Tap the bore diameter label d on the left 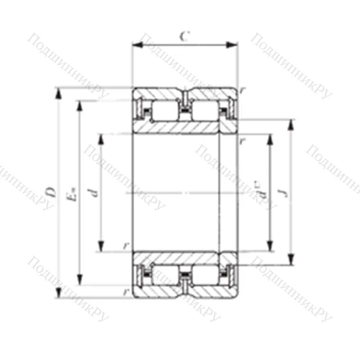tap(91, 192)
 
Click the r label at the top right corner tap(243, 90)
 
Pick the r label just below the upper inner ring tap(243, 142)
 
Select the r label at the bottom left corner tap(125, 292)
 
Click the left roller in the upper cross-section tap(165, 110)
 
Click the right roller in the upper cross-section tap(204, 110)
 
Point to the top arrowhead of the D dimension tap(60, 91)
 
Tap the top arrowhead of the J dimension tap(290, 122)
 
